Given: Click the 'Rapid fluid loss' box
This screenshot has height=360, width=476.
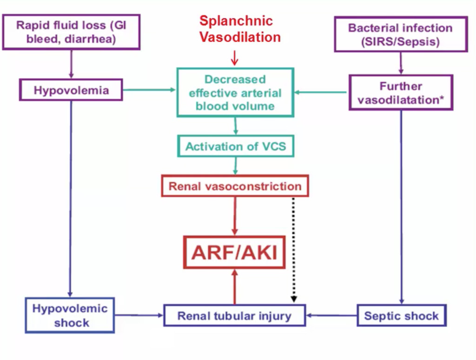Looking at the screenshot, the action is coord(71,32).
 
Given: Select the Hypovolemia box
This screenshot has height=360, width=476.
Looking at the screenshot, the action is coord(71,90).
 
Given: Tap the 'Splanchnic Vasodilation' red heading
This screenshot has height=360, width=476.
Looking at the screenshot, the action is coord(240,29).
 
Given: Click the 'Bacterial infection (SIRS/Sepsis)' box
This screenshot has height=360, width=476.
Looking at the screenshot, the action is coord(401,34).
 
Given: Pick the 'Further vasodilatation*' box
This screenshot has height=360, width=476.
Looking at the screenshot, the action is coord(401,93).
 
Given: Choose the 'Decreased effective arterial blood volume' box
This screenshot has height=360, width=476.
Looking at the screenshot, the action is coord(235,93).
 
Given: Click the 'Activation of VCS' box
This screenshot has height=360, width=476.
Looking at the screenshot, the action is coord(236,146).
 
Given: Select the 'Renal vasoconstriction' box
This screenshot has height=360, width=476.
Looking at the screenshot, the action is coord(235,186).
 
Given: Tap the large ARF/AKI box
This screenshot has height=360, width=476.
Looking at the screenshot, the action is coord(234,252).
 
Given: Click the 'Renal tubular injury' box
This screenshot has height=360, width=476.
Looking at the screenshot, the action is coord(234,315).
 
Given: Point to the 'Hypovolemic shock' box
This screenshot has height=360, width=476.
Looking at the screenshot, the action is coord(70,315).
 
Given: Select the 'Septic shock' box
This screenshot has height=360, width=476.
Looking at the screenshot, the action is coord(401,315).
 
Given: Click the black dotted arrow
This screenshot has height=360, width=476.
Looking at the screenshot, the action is coord(294,250).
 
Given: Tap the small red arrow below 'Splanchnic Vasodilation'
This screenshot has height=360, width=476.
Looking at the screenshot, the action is coord(234,58).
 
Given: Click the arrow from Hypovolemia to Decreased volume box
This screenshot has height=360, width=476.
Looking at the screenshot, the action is coord(149,90).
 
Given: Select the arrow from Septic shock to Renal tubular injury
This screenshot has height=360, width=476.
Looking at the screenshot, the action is coord(331,315).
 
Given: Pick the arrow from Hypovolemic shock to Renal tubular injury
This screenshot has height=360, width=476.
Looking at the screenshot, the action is coord(139,315).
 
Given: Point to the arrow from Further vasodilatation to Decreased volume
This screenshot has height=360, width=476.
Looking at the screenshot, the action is coord(321,92).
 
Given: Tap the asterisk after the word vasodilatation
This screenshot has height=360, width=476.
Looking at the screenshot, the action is coord(442,98).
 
